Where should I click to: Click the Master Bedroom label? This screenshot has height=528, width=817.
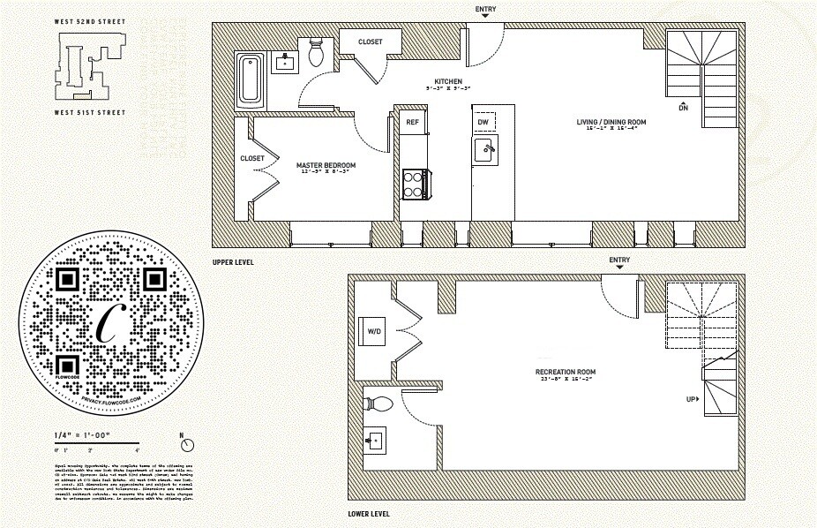pos(326,165)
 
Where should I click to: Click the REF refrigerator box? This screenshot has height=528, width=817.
pos(412,122)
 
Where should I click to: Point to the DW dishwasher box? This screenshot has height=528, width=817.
pos(483,122)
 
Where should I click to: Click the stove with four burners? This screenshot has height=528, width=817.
pos(414,184)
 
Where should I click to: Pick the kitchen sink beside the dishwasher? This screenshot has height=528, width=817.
pos(484,149)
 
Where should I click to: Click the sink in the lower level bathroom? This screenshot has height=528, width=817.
pos(375,440)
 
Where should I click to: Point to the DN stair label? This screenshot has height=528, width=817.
pos(683,108)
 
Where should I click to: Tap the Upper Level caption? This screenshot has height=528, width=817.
pos(234,262)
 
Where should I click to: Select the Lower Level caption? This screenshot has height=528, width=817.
pos(369,514)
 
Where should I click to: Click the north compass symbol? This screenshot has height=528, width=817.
pos(185,441)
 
